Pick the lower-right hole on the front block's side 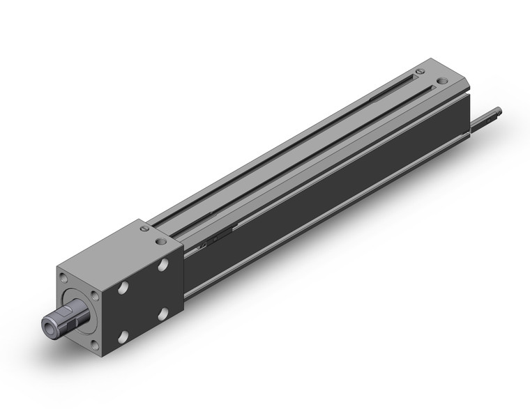coord(164,316)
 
